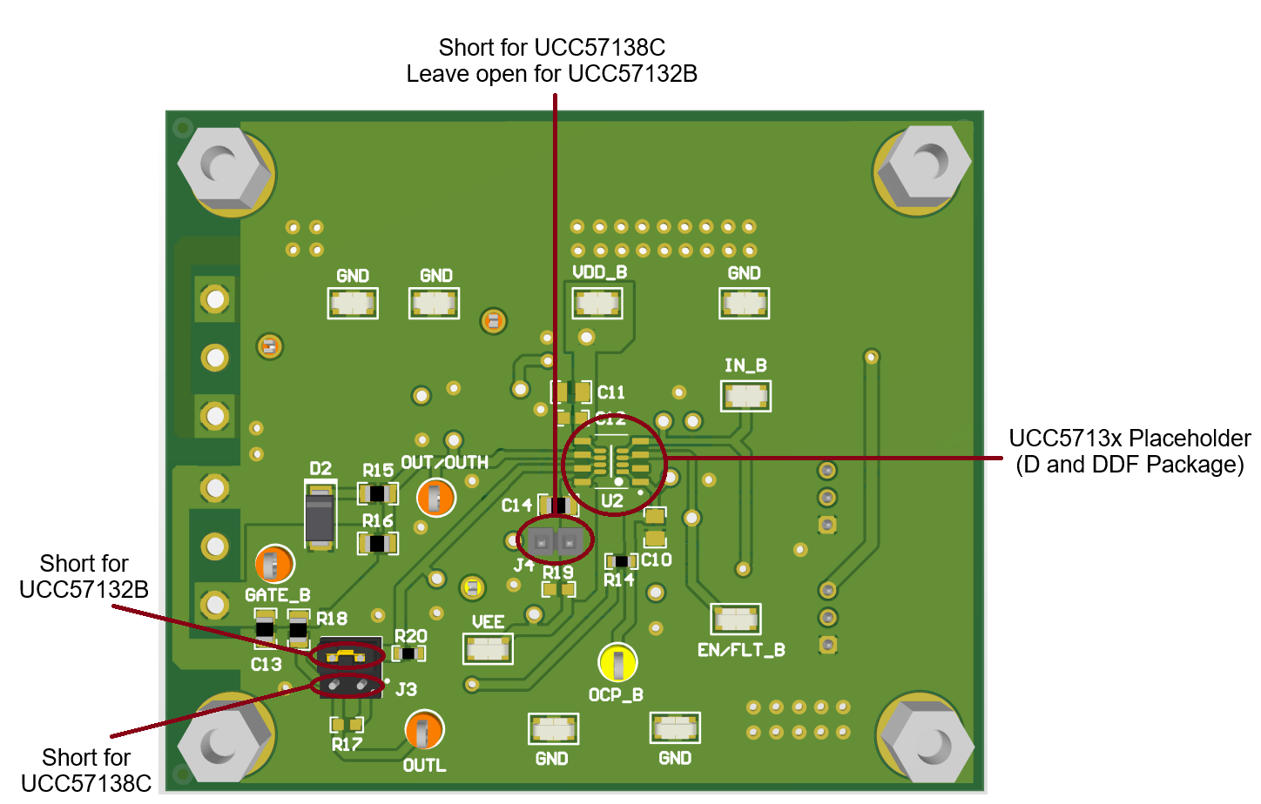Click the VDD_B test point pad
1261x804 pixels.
(x=597, y=303)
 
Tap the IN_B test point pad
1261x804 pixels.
(x=745, y=396)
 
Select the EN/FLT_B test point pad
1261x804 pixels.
(x=736, y=620)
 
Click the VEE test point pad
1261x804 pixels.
(x=488, y=648)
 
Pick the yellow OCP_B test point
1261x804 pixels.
(x=617, y=663)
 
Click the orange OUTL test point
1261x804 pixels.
(x=424, y=730)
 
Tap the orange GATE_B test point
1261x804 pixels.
(x=274, y=566)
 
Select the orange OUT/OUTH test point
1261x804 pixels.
(x=436, y=498)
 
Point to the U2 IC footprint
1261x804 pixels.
(x=613, y=463)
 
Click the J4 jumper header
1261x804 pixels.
(x=555, y=542)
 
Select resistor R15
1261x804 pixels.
(x=378, y=493)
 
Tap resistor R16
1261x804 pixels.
(x=378, y=544)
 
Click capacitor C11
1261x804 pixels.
(x=571, y=392)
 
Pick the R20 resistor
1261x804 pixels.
(x=408, y=653)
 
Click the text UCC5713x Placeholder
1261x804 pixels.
(x=1129, y=438)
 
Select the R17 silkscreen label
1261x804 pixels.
(x=346, y=745)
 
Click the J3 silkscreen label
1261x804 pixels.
(x=406, y=690)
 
